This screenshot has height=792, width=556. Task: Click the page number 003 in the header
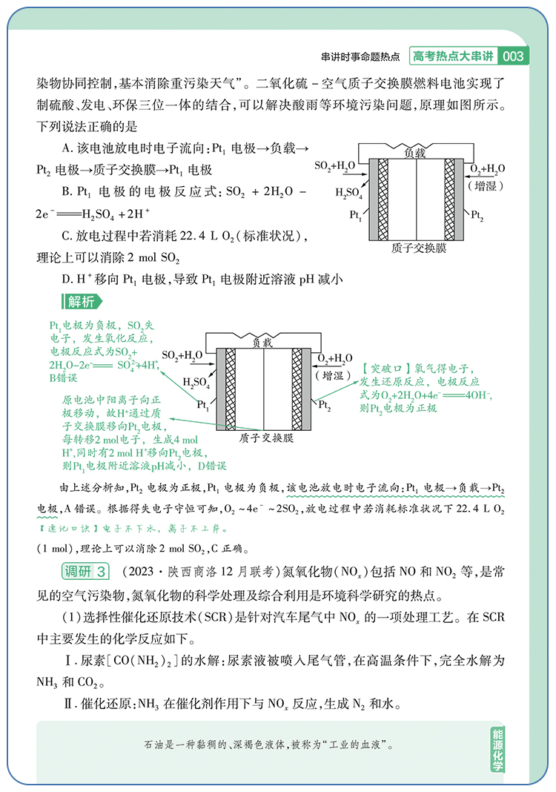click(x=513, y=56)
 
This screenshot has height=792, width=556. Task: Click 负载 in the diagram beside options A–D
click(x=416, y=153)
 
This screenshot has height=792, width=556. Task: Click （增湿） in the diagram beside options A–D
click(x=487, y=181)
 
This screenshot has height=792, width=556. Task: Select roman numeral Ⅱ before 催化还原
click(x=68, y=705)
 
